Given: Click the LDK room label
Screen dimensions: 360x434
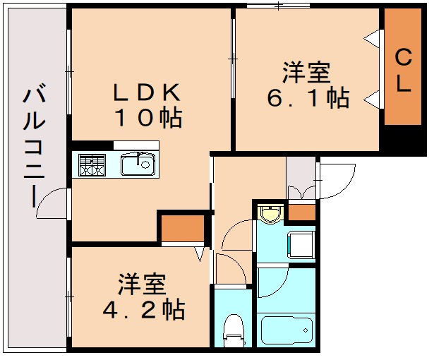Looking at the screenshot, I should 150,92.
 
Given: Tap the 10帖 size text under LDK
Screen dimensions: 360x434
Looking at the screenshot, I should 150,118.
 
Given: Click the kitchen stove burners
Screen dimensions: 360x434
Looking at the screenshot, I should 90,164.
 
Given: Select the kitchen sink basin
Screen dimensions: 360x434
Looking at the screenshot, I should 137,165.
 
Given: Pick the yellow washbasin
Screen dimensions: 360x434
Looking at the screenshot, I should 269,212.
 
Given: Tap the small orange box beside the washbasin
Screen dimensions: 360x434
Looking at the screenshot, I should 301,212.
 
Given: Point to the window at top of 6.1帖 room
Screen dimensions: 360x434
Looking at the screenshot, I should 278,7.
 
